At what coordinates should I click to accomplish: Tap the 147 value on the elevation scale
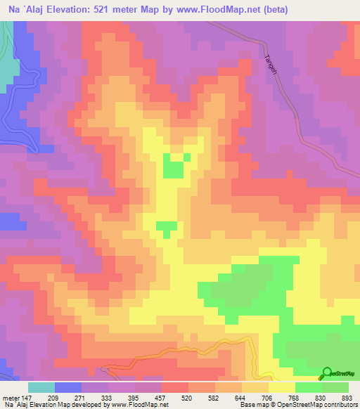coord(27,397)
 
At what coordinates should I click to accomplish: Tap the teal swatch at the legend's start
coord(41,387)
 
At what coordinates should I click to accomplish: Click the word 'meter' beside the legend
coord(11,397)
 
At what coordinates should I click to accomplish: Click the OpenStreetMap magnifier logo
coord(327,372)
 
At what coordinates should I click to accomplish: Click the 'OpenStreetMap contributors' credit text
coord(320,405)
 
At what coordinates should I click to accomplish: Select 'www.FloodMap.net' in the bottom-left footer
coord(139,405)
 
